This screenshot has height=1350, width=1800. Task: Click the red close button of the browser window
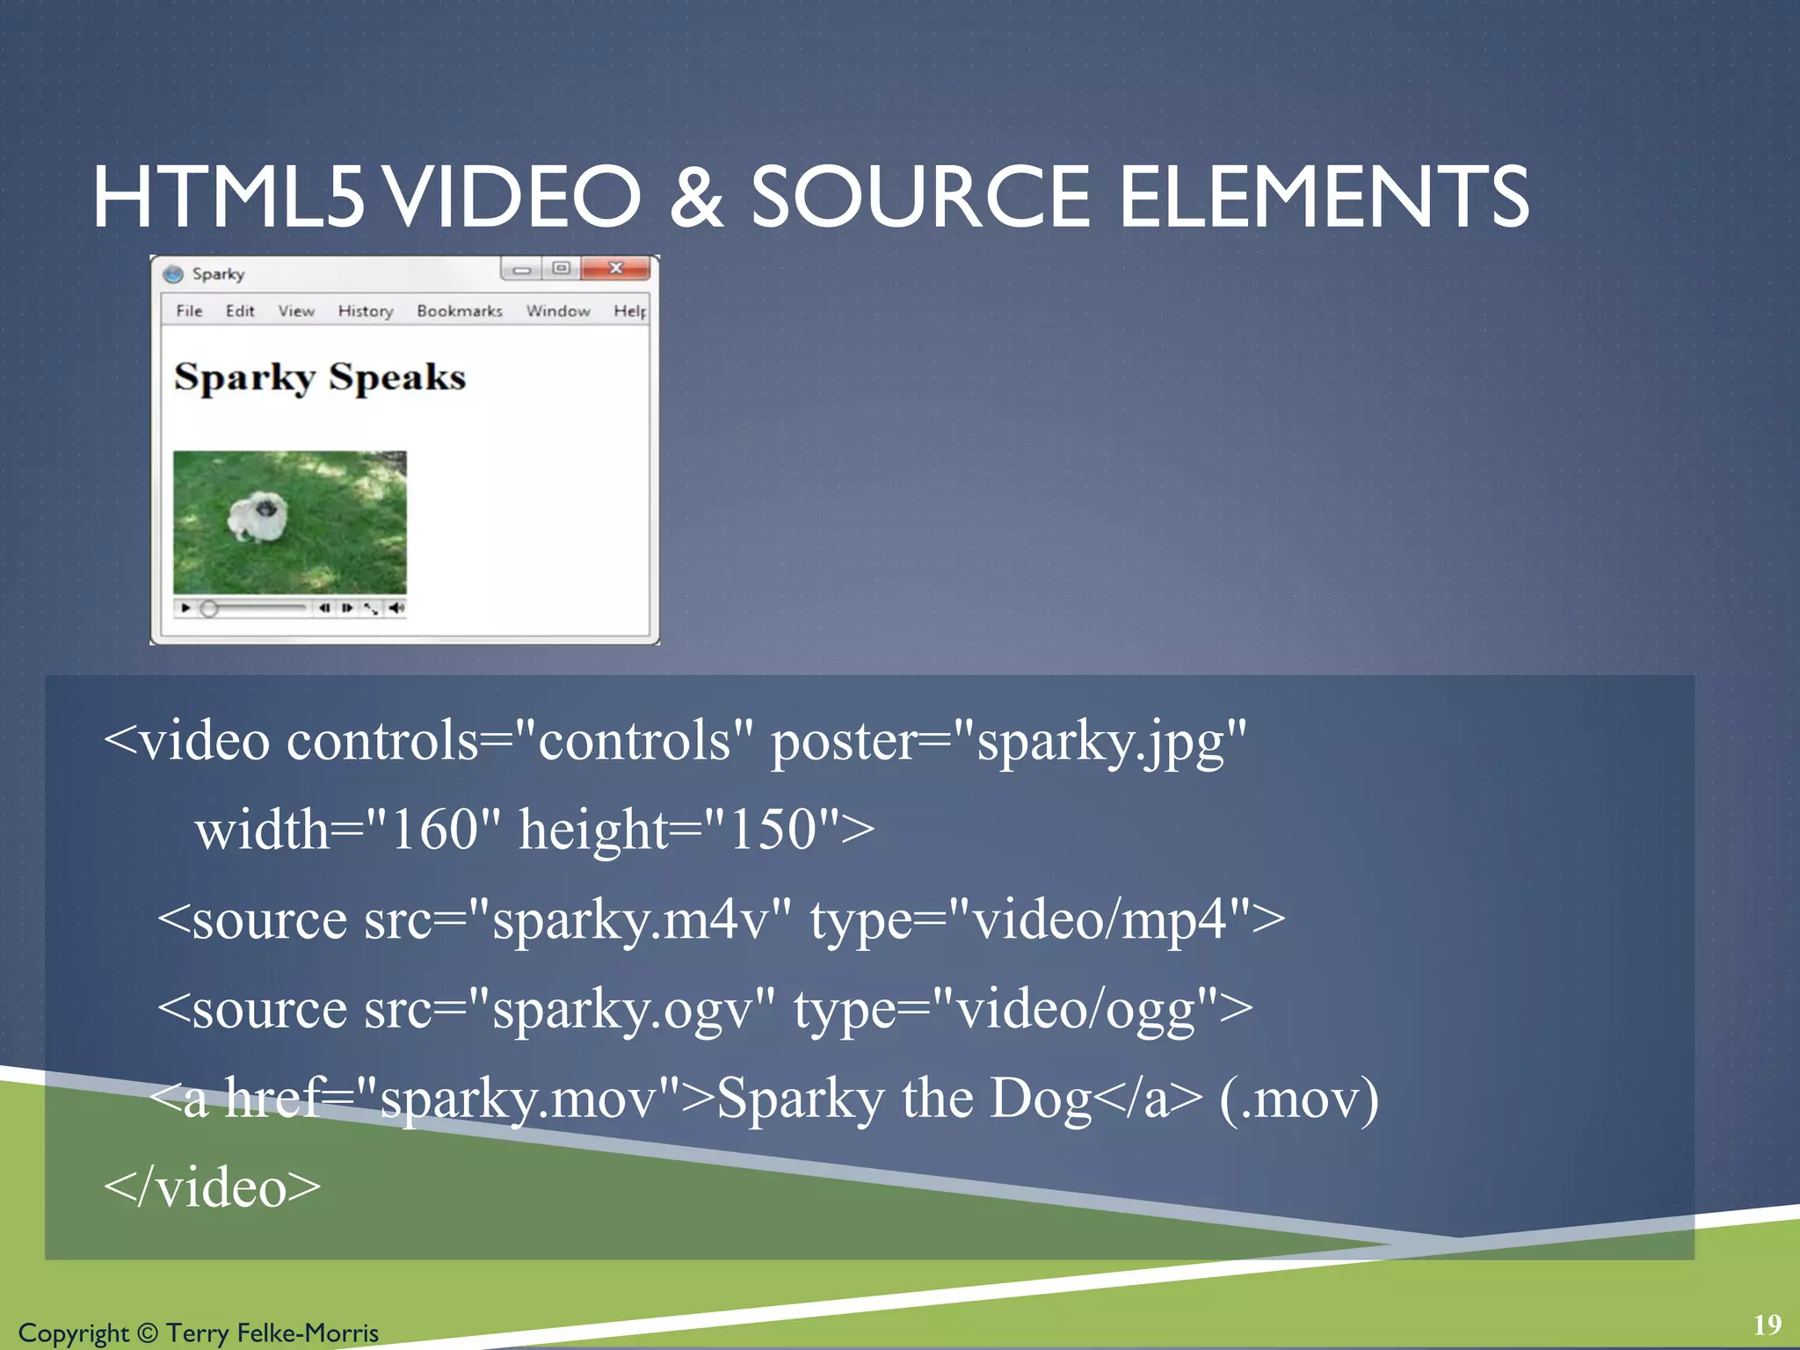click(x=616, y=268)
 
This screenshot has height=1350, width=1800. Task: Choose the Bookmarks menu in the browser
click(x=459, y=311)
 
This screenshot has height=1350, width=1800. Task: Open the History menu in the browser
click(x=365, y=311)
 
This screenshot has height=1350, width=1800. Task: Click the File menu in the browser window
click(x=189, y=311)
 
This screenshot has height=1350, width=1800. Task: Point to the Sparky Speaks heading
click(x=320, y=378)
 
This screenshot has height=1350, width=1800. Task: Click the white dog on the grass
click(x=256, y=515)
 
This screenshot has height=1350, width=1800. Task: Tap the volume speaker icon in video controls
click(x=397, y=607)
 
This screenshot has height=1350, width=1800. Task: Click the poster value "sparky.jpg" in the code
click(x=1099, y=741)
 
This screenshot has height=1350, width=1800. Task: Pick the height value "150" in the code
click(x=773, y=829)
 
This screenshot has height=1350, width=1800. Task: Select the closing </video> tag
click(x=213, y=1187)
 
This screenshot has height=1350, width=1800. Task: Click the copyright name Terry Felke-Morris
click(x=272, y=1332)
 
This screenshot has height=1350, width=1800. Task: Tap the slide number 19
click(x=1767, y=1325)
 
